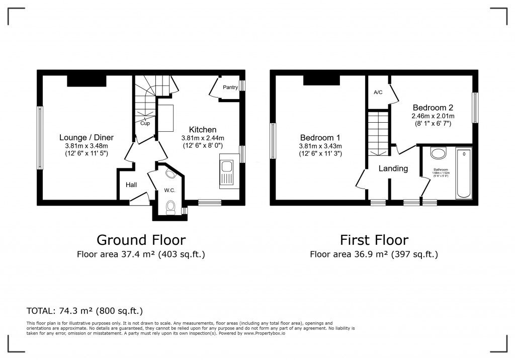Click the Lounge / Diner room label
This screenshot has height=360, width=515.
[x=87, y=137]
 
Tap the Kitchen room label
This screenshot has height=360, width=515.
[x=203, y=130]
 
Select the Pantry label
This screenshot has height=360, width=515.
[x=230, y=87]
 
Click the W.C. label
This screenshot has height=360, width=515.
[x=169, y=191]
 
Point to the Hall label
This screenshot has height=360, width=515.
[x=131, y=185]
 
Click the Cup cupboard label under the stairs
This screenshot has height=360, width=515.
[x=145, y=123]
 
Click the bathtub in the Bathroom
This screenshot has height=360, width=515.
[x=463, y=172]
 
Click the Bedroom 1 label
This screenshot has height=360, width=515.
[x=320, y=138]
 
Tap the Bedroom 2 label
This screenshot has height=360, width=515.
[x=433, y=108]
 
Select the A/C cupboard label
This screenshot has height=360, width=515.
[x=378, y=93]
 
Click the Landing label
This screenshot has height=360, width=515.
[x=393, y=168]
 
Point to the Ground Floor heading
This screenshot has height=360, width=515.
[x=141, y=240]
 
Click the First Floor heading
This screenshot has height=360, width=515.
[x=374, y=240]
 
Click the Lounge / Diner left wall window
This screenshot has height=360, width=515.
[x=39, y=137]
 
